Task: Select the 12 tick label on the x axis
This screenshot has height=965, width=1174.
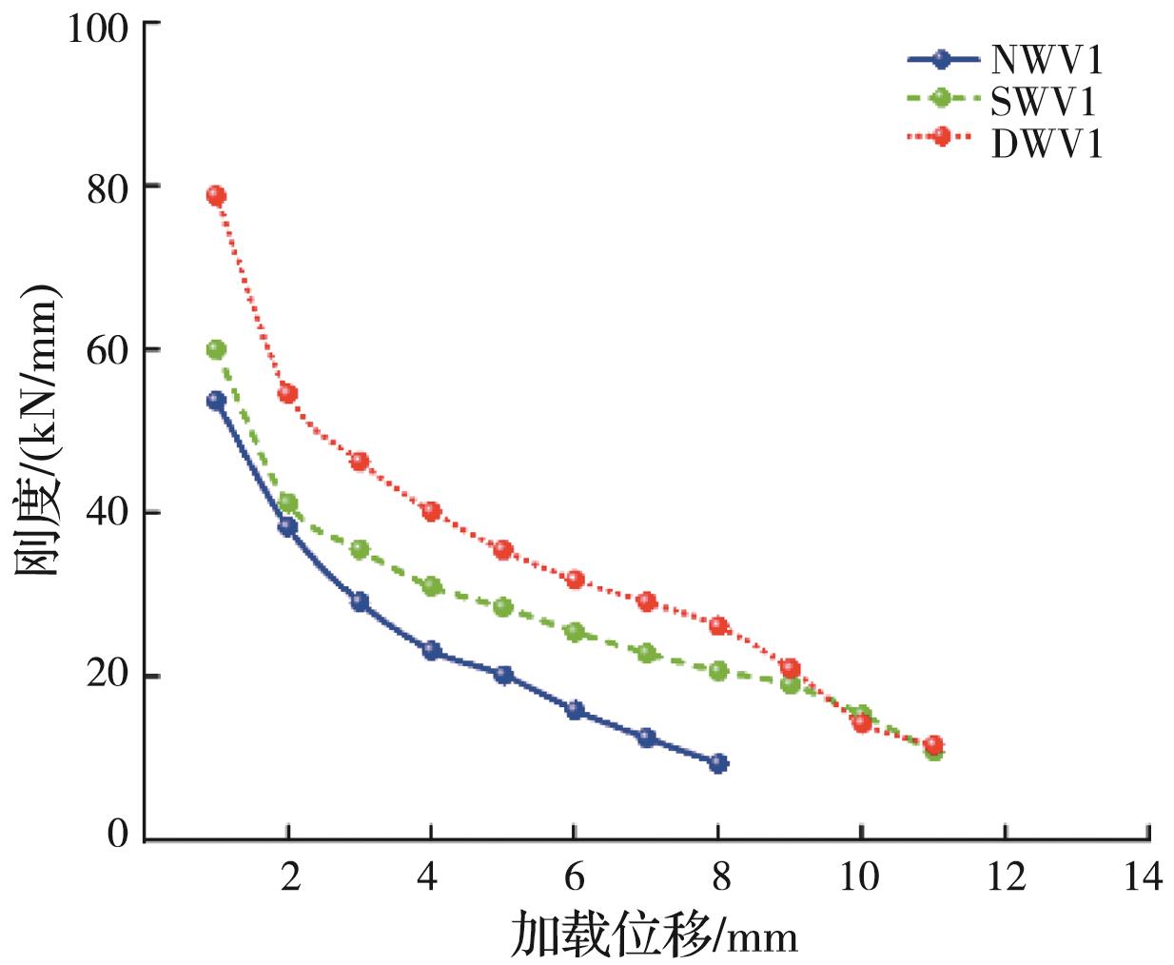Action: click(1005, 876)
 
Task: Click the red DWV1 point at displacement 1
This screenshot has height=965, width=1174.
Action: click(216, 196)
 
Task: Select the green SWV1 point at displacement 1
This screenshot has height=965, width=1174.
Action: click(216, 350)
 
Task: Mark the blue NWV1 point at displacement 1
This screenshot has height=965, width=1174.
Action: click(216, 402)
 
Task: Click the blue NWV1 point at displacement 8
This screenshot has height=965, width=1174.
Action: click(718, 763)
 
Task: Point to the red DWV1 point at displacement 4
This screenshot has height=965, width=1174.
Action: click(431, 512)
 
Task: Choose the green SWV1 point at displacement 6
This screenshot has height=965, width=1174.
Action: click(575, 631)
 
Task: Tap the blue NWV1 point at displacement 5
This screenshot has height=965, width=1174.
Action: click(503, 676)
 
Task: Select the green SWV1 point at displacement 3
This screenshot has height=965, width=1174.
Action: click(360, 550)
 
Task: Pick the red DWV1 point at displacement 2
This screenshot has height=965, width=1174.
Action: click(287, 394)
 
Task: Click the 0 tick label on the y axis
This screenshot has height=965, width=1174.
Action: click(118, 837)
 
